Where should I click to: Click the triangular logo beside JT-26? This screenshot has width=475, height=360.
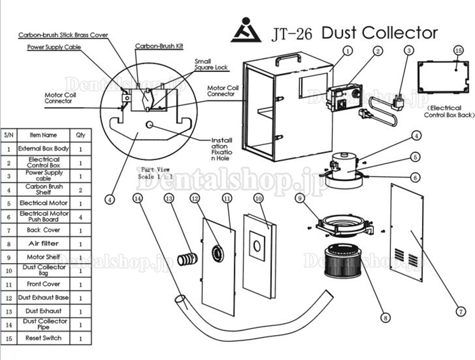pyautogui.click(x=246, y=31)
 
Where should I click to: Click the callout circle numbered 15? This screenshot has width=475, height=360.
pyautogui.click(x=458, y=51)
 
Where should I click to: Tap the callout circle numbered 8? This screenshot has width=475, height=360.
pyautogui.click(x=385, y=317)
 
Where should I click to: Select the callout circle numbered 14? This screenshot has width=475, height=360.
pyautogui.click(x=138, y=199)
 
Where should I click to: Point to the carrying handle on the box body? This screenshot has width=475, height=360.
pyautogui.click(x=288, y=59)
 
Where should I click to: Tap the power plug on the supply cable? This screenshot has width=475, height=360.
pyautogui.click(x=398, y=102)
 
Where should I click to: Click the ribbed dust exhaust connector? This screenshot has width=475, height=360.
pyautogui.click(x=187, y=259)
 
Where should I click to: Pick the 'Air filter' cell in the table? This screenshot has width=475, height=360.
pyautogui.click(x=43, y=243)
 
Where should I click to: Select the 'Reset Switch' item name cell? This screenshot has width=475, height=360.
pyautogui.click(x=43, y=338)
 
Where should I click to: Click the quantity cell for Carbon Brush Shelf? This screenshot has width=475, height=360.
pyautogui.click(x=81, y=190)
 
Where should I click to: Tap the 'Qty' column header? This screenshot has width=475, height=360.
pyautogui.click(x=81, y=135)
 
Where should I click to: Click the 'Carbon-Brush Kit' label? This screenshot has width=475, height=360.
pyautogui.click(x=159, y=46)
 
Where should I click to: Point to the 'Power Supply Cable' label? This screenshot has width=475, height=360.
pyautogui.click(x=54, y=47)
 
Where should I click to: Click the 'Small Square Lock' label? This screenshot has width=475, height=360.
pyautogui.click(x=211, y=64)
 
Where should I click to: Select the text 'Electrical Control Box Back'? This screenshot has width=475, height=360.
pyautogui.click(x=449, y=111)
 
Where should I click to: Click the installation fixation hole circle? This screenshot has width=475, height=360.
pyautogui.click(x=149, y=125)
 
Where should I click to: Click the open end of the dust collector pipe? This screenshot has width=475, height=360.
pyautogui.click(x=181, y=300)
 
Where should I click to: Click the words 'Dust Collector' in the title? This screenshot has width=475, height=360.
pyautogui.click(x=379, y=33)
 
